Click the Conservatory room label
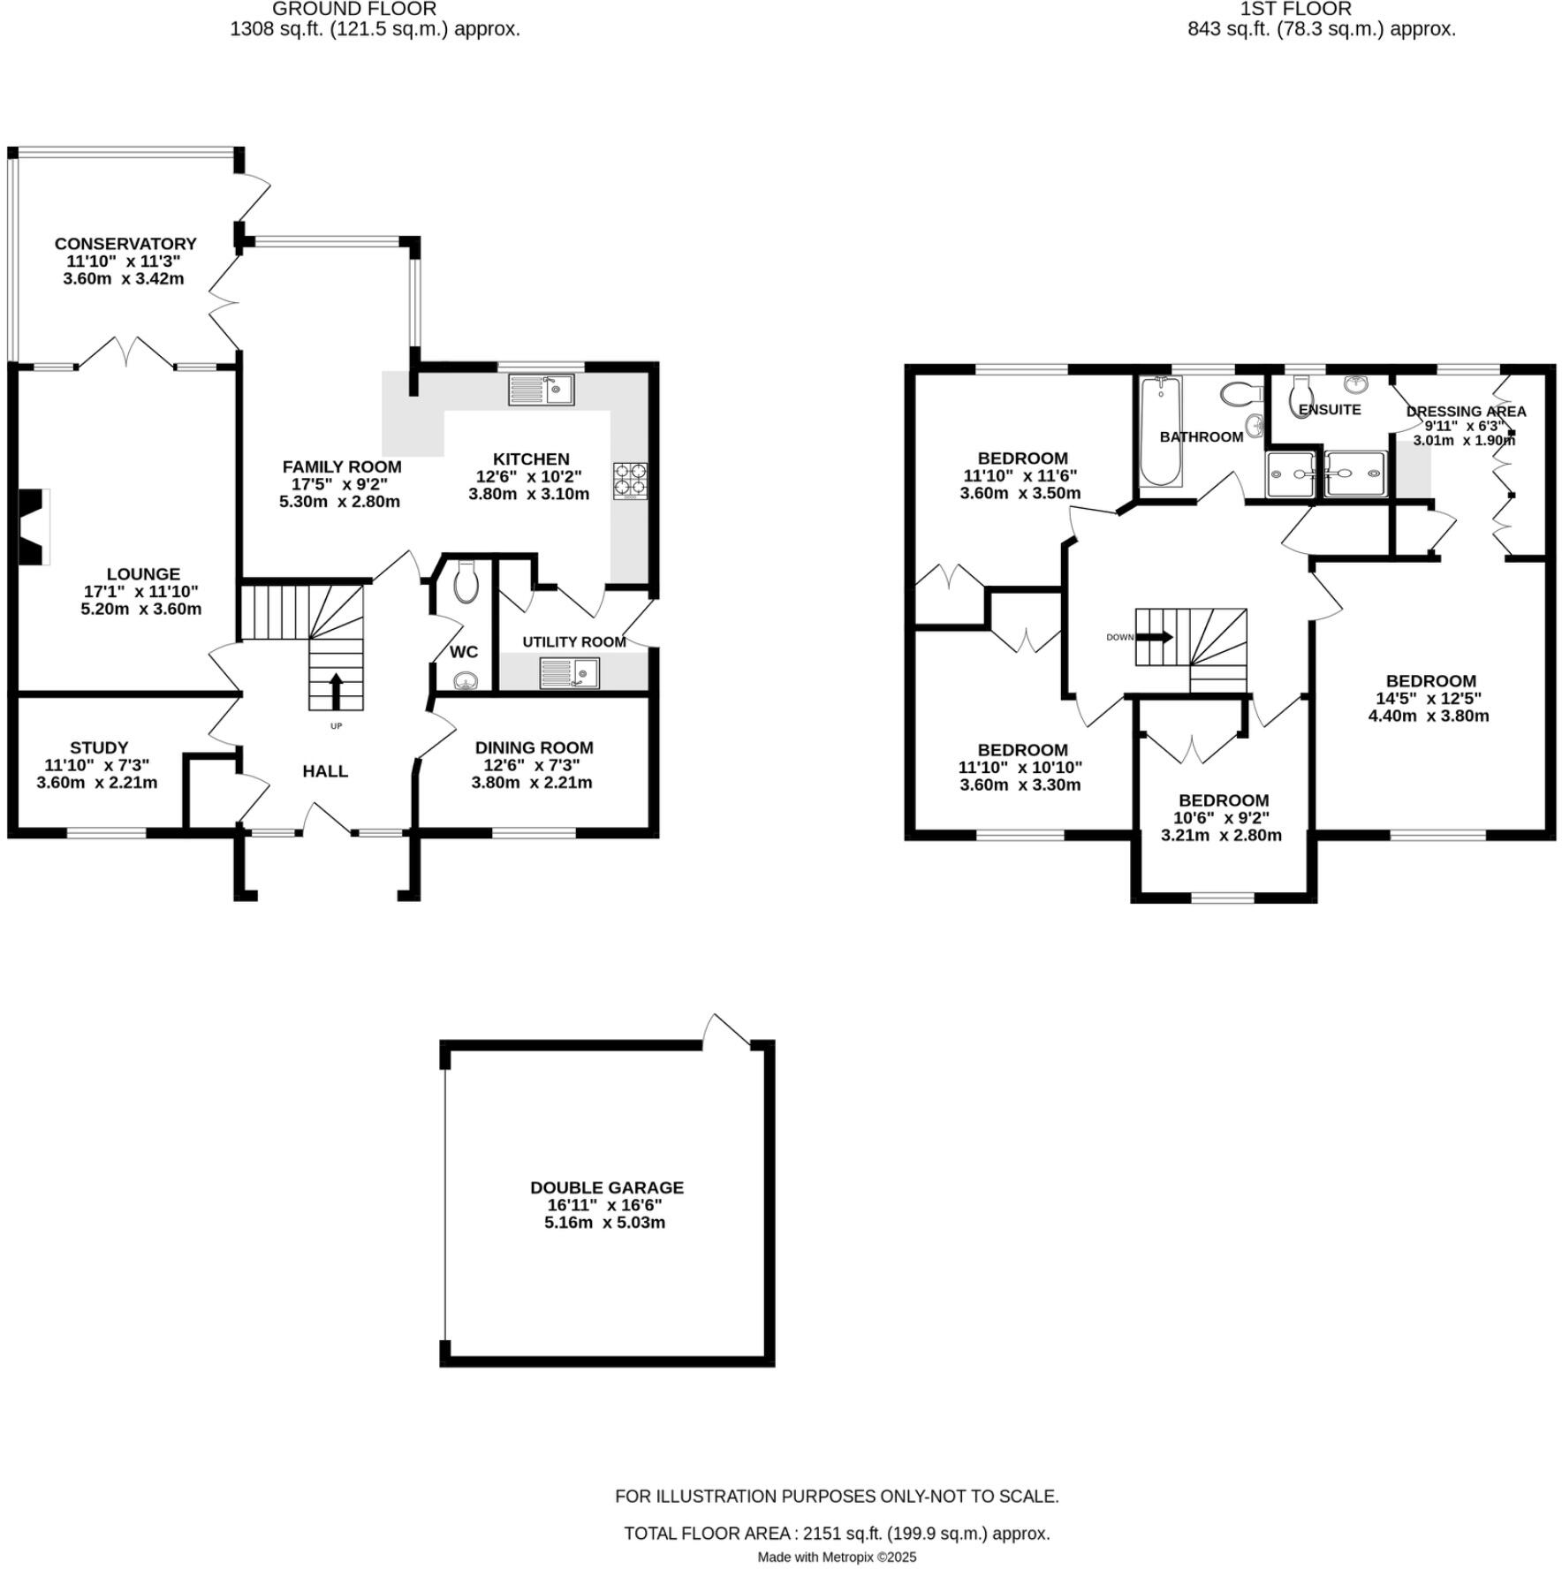click(125, 244)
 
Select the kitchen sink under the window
click(542, 390)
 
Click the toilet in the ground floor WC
click(465, 583)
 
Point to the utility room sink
click(569, 674)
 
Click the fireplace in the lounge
click(33, 527)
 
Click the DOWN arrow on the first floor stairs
click(1155, 636)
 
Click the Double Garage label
click(606, 1188)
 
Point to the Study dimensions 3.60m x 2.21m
click(97, 783)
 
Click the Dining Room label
click(534, 747)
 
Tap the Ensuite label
click(1330, 410)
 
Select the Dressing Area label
click(1466, 412)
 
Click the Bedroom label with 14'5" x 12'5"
click(1430, 681)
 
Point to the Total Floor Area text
click(836, 1534)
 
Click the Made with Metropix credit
click(836, 1558)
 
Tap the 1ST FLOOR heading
click(1295, 10)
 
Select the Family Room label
click(341, 466)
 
